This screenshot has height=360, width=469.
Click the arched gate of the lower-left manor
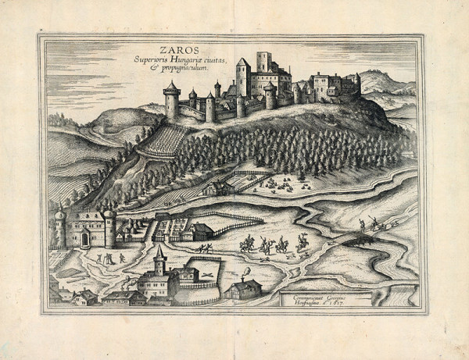[84, 240]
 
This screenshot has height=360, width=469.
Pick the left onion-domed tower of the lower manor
[60, 226]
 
